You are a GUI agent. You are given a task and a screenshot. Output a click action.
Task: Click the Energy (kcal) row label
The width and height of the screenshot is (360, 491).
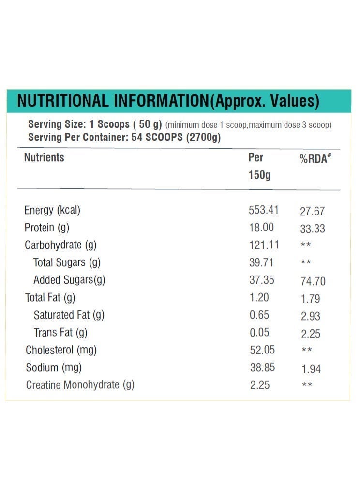[52, 211]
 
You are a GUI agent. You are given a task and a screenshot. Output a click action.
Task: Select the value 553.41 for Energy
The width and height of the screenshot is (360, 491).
[264, 210]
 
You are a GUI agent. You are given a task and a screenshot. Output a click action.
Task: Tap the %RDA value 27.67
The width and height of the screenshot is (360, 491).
[312, 212]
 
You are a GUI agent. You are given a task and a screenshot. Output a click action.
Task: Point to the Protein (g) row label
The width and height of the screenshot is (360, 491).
[47, 228]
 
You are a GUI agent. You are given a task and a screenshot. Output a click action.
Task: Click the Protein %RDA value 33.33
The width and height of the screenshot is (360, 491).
[313, 229]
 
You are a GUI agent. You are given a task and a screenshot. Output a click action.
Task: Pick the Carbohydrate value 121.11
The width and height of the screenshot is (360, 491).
[264, 245]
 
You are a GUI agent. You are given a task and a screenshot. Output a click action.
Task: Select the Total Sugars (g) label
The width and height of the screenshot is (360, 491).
[67, 263]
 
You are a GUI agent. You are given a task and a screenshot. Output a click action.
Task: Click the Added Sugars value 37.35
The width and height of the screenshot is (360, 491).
[261, 280]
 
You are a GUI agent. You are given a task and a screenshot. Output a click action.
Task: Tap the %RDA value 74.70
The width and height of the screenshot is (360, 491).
[313, 281]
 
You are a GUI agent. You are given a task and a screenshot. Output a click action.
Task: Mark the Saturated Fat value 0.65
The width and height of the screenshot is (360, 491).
[259, 315]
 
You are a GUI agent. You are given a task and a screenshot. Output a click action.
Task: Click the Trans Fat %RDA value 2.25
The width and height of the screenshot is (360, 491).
[311, 334]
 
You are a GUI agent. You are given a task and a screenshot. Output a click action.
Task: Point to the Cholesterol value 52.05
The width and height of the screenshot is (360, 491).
[262, 350]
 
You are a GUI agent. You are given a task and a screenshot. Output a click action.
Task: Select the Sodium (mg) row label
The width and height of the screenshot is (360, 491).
[54, 368]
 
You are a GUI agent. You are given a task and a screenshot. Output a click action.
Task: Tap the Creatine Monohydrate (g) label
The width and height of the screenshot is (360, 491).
[80, 385]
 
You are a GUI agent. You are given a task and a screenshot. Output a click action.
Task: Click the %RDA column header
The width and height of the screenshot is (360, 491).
[315, 158]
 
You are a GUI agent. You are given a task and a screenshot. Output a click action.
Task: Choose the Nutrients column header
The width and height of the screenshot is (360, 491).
[44, 157]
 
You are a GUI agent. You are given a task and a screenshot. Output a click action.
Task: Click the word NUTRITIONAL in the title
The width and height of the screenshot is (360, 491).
[63, 101]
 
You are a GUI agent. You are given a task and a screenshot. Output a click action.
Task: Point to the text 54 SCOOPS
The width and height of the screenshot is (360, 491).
[157, 137]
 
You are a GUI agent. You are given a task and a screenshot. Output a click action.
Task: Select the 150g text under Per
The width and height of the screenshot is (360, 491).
[259, 175]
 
